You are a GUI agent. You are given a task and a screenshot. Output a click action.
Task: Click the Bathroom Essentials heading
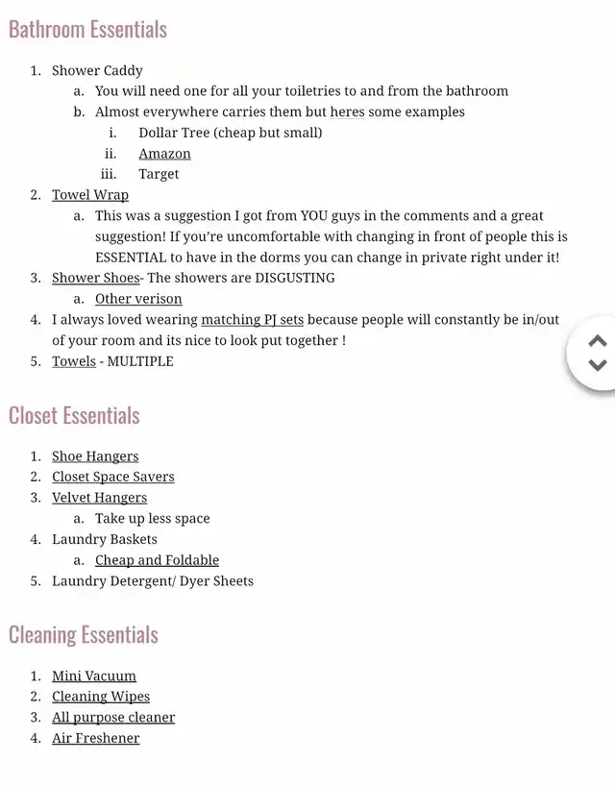[87, 30]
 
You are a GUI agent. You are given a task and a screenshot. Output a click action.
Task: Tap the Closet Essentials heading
[74, 416]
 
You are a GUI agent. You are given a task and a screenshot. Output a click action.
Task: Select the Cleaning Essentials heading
[83, 635]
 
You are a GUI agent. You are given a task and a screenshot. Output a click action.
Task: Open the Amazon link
[164, 154]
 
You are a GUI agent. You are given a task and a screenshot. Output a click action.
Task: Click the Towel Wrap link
[90, 195]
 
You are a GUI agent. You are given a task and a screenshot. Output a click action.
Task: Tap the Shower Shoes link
[95, 278]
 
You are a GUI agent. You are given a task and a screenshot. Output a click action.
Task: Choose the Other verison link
[138, 299]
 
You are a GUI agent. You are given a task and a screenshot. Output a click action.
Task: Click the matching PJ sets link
[252, 320]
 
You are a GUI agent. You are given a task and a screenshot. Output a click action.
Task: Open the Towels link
[74, 361]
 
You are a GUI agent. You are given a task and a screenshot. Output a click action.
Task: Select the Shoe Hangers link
[95, 456]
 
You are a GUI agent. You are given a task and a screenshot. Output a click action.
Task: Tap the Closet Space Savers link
[112, 477]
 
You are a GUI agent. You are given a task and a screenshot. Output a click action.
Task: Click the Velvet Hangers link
[99, 498]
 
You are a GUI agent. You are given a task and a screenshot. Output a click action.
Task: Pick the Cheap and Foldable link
[157, 560]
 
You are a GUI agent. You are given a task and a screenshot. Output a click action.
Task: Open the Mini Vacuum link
[94, 676]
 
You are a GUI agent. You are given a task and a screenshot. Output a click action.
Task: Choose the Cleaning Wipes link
[101, 697]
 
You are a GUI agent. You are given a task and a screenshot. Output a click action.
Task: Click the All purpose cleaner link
[113, 718]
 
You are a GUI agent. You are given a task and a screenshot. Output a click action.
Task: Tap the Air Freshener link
[95, 739]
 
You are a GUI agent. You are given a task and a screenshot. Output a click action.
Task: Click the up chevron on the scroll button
[598, 341]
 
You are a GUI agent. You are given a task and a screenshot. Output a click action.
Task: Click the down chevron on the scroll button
[598, 365]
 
